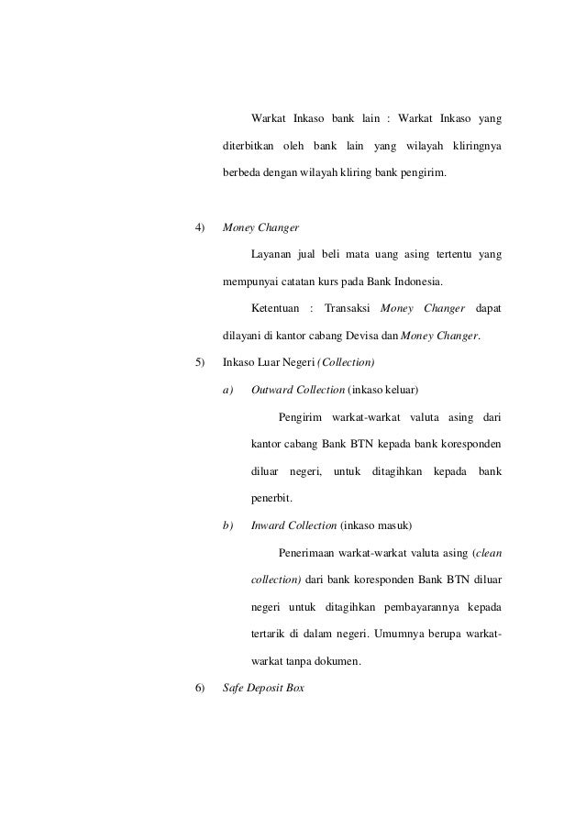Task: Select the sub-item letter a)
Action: point(229,389)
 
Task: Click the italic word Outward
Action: point(272,389)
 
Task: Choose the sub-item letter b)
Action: point(229,526)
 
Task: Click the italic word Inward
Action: point(270,526)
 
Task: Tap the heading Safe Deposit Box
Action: point(263,689)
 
